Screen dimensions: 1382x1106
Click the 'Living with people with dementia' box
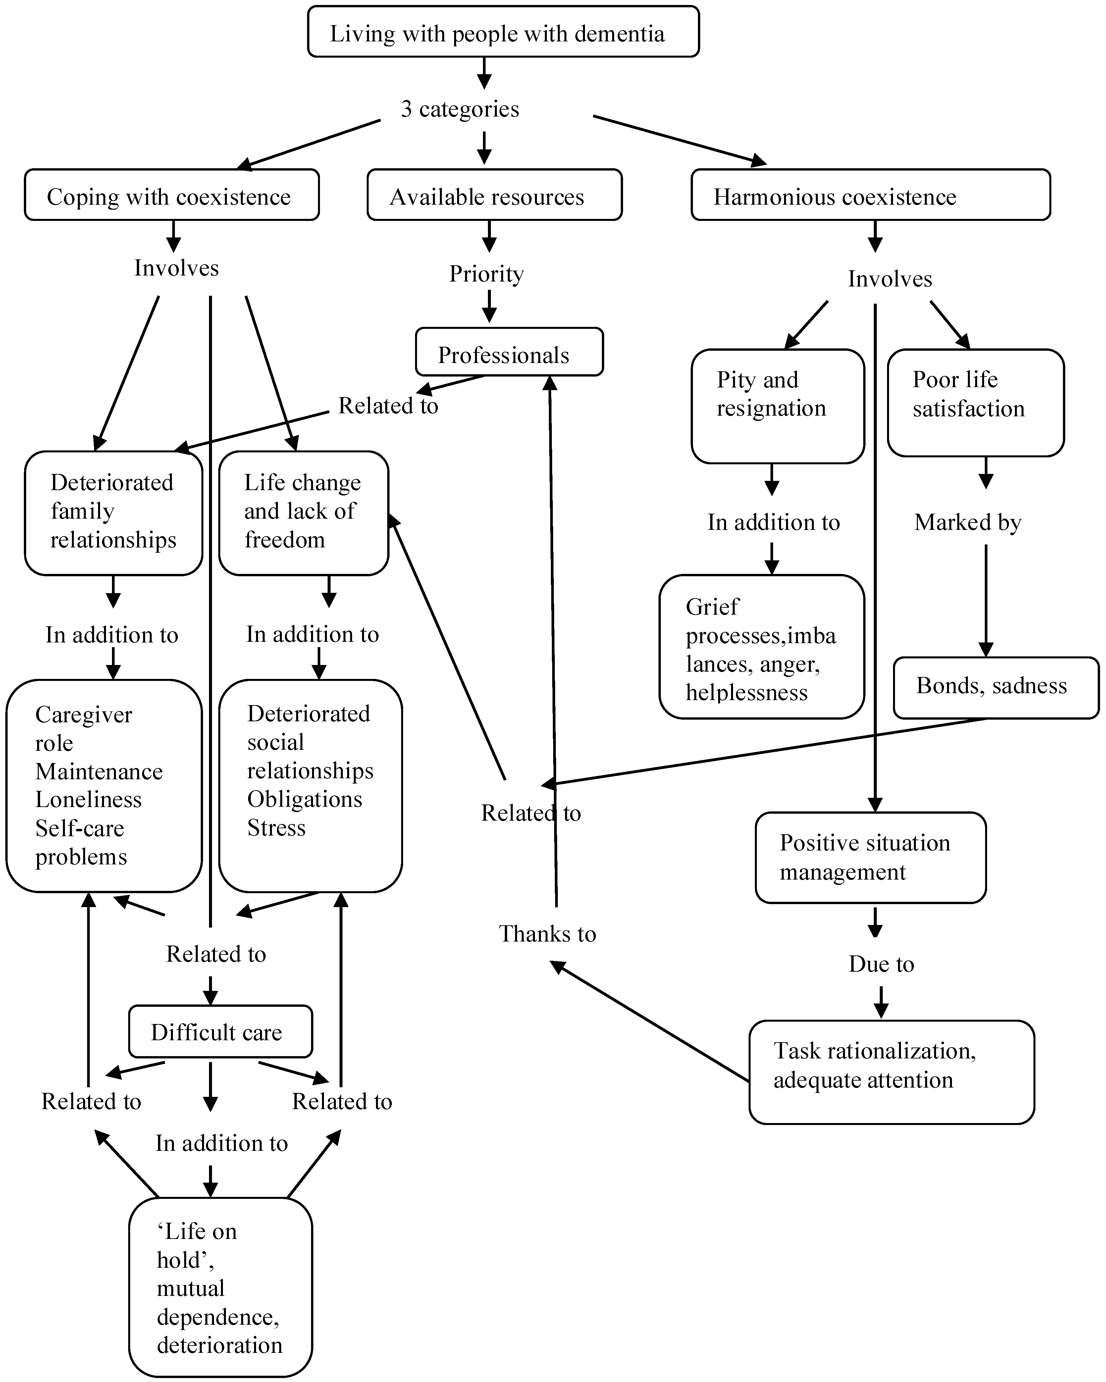[503, 32]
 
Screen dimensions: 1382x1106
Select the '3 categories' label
[460, 109]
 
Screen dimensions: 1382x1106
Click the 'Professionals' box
[509, 353]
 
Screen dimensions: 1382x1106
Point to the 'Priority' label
[486, 274]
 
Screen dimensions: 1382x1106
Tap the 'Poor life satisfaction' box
[975, 403]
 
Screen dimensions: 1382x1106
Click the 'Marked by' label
[968, 522]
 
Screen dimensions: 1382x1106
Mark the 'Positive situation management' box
[870, 858]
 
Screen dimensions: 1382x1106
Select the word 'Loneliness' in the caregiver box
[88, 799]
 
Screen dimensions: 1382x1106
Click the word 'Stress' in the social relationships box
[276, 828]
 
